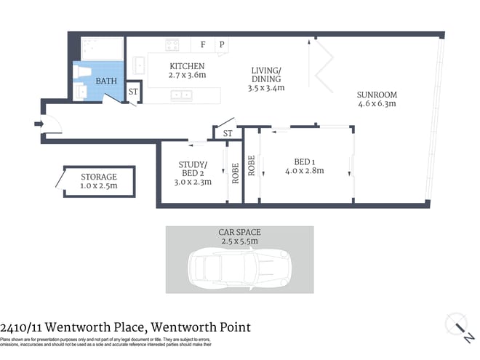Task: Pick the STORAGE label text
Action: point(98,177)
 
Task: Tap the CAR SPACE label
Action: point(239,232)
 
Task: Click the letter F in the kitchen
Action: point(203,45)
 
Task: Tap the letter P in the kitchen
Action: point(222,45)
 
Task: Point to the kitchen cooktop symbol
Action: point(172,45)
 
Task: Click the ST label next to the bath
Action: point(133,92)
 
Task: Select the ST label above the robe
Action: point(228,133)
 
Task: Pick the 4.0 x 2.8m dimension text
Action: point(305,171)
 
